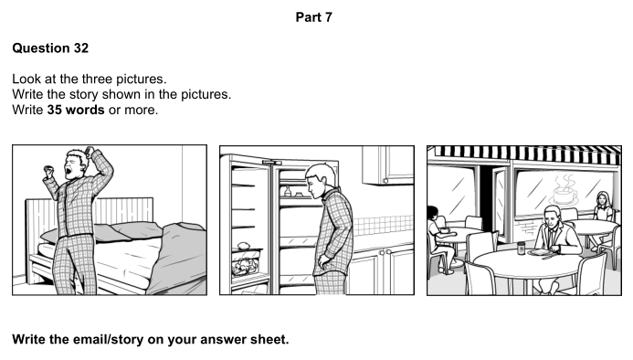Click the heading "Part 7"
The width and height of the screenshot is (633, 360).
click(x=313, y=17)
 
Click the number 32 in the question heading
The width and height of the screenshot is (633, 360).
click(x=80, y=48)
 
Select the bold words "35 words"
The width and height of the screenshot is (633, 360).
click(x=76, y=110)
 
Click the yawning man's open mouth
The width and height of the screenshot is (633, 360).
click(x=69, y=171)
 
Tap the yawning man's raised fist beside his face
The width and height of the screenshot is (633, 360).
click(x=48, y=171)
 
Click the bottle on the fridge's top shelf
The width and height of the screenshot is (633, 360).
click(x=288, y=191)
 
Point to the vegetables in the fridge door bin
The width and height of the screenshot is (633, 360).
click(x=245, y=266)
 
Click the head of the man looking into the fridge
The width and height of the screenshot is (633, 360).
click(x=320, y=178)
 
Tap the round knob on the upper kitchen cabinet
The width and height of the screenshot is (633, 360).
click(x=385, y=181)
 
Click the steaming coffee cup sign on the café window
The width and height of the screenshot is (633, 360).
click(x=564, y=191)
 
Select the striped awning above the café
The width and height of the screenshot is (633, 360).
click(x=524, y=154)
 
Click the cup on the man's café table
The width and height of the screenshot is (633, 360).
click(x=521, y=248)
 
